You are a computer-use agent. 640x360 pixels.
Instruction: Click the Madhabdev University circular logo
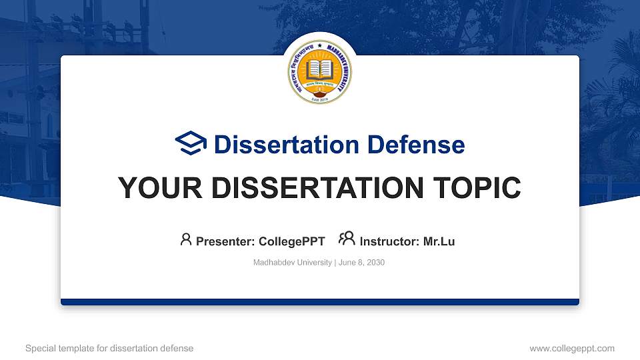320,72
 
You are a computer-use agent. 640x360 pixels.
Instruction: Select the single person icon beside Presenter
186,239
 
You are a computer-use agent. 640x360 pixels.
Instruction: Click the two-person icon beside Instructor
347,239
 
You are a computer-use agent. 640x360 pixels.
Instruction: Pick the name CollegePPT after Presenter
292,241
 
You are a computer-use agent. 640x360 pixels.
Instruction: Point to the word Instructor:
389,241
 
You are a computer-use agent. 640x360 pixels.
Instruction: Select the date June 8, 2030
362,263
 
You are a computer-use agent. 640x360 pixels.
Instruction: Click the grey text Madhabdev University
292,263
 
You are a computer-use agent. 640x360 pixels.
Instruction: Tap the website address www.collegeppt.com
571,348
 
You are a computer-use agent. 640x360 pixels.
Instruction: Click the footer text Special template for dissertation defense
109,348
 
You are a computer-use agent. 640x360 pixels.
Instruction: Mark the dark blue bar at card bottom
320,302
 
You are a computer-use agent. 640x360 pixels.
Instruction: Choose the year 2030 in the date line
375,263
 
